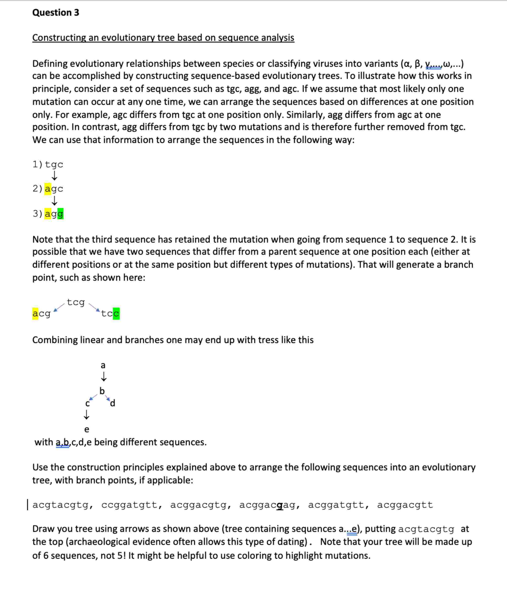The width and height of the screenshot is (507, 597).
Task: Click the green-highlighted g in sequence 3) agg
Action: [60, 214]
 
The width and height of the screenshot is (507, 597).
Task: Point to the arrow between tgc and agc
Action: [54, 175]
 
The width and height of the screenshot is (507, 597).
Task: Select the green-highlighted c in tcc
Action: [116, 314]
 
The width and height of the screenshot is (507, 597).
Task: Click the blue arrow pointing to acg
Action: [59, 308]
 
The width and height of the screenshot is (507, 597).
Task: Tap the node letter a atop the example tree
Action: [103, 365]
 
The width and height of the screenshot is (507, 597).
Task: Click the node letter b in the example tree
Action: [102, 391]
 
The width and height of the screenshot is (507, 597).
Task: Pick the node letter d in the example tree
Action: [113, 403]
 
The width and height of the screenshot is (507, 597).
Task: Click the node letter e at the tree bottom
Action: [87, 429]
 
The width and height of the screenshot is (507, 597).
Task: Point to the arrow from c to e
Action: [86, 415]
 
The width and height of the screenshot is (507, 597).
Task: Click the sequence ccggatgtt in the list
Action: [129, 505]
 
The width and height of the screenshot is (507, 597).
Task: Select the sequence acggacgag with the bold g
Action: [267, 505]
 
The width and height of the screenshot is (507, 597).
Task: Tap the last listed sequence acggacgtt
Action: [405, 505]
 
